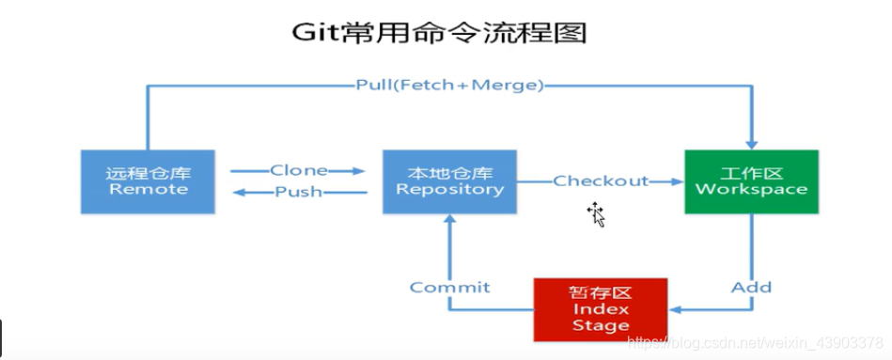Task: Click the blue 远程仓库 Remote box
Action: (148, 180)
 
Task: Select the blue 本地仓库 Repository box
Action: (449, 180)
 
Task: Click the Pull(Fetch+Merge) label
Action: (449, 86)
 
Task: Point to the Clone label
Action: (299, 170)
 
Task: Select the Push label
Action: (299, 192)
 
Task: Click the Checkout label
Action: (601, 180)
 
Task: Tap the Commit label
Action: (449, 287)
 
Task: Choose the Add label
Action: (751, 287)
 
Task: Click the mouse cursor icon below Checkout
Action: (596, 215)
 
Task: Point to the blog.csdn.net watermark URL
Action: (756, 343)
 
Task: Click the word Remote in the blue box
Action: (148, 189)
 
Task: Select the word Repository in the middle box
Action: (449, 189)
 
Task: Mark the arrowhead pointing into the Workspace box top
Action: (751, 141)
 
